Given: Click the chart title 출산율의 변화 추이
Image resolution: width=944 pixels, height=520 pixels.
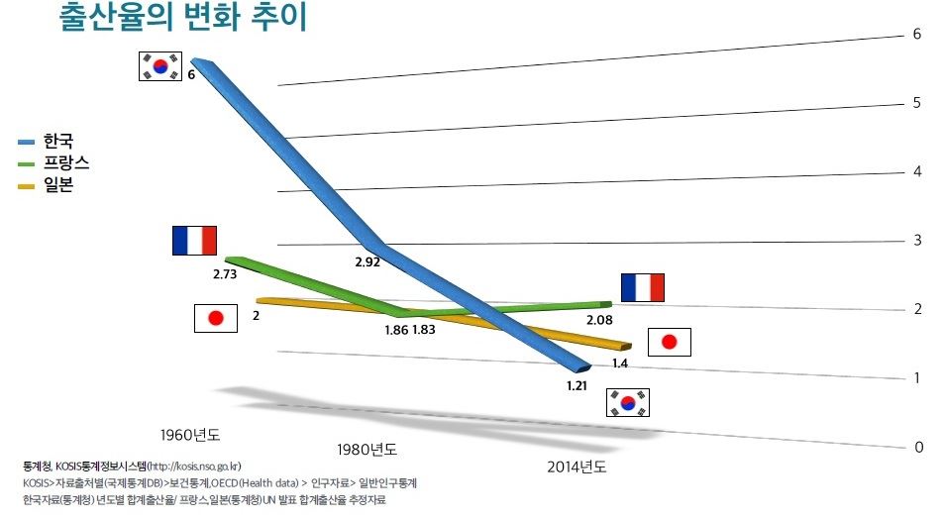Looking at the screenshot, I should pyautogui.click(x=184, y=19).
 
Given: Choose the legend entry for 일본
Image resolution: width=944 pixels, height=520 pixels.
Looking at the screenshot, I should pyautogui.click(x=58, y=184).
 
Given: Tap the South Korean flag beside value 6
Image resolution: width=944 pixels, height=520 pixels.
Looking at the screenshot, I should pyautogui.click(x=160, y=66).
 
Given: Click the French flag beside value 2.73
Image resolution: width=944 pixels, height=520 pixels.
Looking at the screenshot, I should pyautogui.click(x=194, y=241).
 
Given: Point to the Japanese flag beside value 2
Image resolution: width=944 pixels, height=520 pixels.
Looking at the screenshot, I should pyautogui.click(x=216, y=318).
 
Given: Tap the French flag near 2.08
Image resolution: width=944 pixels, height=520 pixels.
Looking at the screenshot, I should pyautogui.click(x=642, y=287).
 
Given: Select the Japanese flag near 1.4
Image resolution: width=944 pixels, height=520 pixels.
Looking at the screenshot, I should pyautogui.click(x=669, y=343).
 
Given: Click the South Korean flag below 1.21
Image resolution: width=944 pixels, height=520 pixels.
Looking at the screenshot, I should pyautogui.click(x=627, y=402).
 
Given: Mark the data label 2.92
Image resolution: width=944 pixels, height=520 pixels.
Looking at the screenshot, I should pyautogui.click(x=368, y=264).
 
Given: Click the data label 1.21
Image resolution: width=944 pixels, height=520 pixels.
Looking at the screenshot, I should pyautogui.click(x=578, y=386).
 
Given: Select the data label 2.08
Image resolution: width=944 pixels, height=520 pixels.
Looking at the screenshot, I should pyautogui.click(x=599, y=321).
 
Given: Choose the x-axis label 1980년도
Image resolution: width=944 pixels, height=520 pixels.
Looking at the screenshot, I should pyautogui.click(x=367, y=449).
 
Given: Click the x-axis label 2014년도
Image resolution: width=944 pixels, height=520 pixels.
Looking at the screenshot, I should pyautogui.click(x=577, y=467).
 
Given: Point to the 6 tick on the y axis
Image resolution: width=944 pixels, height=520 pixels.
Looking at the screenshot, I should pyautogui.click(x=917, y=34).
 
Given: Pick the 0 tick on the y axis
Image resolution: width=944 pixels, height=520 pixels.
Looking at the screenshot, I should pyautogui.click(x=918, y=448).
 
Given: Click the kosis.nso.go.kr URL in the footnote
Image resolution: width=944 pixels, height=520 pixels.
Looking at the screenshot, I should pyautogui.click(x=194, y=466).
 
